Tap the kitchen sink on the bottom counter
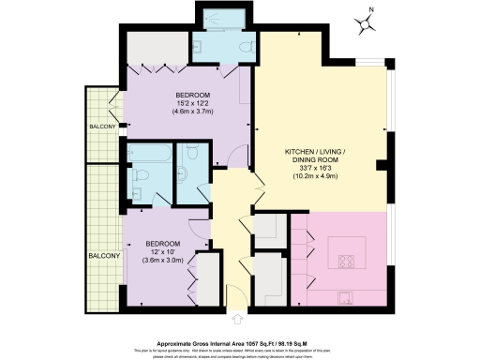pyautogui.click(x=344, y=298)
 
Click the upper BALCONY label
pyautogui.click(x=102, y=127)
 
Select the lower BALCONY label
pyautogui.click(x=104, y=256)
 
